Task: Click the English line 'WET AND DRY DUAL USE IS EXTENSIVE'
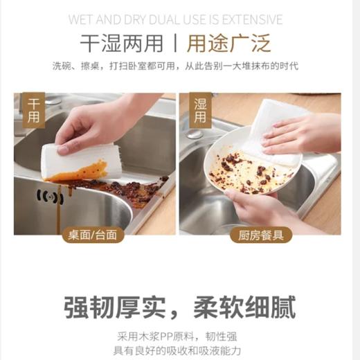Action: coord(179,19)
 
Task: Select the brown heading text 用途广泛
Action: coord(231,43)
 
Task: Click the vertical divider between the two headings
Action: coord(177,43)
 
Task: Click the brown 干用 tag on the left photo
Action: coord(33,110)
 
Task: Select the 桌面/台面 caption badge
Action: coord(93,235)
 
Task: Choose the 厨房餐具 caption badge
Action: coord(260,235)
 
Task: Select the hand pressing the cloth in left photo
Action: coord(104,125)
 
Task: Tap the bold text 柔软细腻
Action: coord(246,305)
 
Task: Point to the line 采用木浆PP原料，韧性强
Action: coord(179,336)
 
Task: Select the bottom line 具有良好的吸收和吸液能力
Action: coord(179,351)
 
